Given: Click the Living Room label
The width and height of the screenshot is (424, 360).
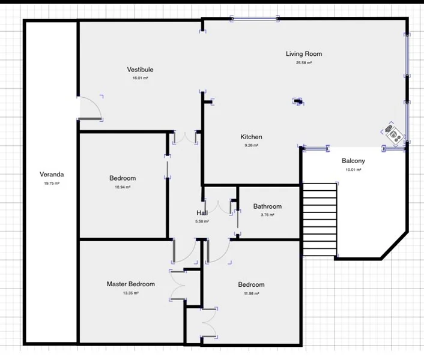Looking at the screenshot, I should point(303,54).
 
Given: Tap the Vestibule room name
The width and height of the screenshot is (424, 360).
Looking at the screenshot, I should point(140,70).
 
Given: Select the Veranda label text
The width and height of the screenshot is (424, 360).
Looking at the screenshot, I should point(52,175).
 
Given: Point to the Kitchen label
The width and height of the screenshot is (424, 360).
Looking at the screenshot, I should point(251,137).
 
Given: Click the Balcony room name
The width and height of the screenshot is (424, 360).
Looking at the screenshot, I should point(353,161).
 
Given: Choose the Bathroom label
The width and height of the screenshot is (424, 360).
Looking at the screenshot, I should point(267,206).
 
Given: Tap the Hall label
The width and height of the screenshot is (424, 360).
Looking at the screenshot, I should point(202,213).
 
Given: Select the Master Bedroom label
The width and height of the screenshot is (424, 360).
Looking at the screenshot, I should point(130,284).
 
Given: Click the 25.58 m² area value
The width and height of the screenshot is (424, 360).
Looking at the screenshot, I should point(303,62).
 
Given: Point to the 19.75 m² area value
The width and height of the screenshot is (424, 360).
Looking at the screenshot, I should point(52,184).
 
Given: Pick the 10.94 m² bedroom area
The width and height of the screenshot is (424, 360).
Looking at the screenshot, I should point(123,187).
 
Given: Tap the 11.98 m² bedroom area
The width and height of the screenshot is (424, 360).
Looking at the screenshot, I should point(251,293).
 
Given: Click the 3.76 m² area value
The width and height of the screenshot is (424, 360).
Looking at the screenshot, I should point(267,215).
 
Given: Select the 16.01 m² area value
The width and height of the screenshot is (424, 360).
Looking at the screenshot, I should point(140,78).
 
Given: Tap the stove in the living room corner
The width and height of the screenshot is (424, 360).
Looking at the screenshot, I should point(393,133).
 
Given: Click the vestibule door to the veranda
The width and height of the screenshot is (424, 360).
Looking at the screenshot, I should point(90,108).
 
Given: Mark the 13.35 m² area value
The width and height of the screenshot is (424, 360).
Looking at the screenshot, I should point(130,293).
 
